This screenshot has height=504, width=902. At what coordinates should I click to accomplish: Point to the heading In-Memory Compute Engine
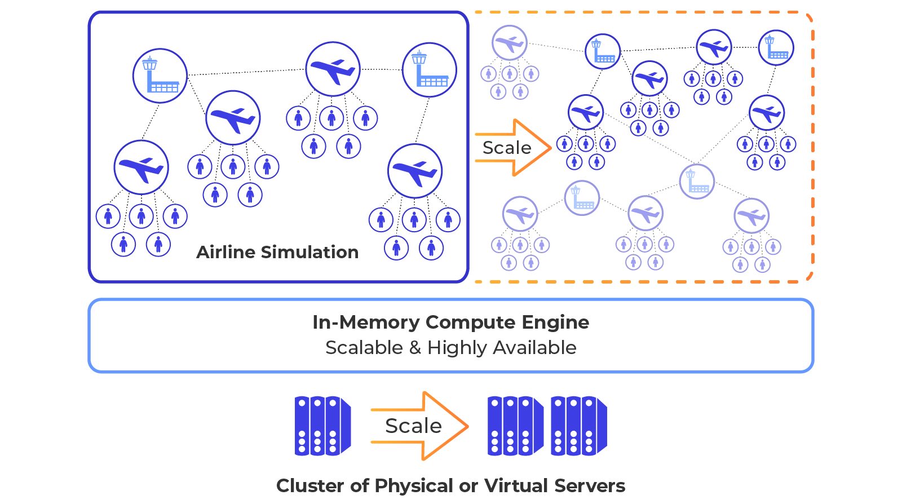(450, 322)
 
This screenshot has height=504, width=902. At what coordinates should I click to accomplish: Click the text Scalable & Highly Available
(450, 348)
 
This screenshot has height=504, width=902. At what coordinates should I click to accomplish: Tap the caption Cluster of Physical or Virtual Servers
(450, 485)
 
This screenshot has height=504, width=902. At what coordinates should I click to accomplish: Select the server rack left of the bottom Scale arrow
(322, 426)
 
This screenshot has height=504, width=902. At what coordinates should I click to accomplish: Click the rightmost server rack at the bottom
(578, 426)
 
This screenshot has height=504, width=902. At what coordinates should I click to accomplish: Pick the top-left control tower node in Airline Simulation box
(160, 76)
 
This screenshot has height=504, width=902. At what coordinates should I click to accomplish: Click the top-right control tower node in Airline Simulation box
(430, 70)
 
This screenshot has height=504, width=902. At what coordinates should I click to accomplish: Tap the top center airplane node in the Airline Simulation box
(333, 69)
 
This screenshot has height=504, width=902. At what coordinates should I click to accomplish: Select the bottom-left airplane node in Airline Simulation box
(141, 167)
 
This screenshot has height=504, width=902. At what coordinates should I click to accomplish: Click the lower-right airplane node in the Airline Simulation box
(415, 171)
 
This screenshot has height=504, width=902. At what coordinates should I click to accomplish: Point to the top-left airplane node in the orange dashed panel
(509, 43)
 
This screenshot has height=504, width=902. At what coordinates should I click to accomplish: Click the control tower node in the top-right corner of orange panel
(776, 47)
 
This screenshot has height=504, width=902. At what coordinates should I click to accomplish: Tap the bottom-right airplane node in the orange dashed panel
(751, 216)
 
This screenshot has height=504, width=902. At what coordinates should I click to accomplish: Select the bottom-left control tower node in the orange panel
(582, 198)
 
